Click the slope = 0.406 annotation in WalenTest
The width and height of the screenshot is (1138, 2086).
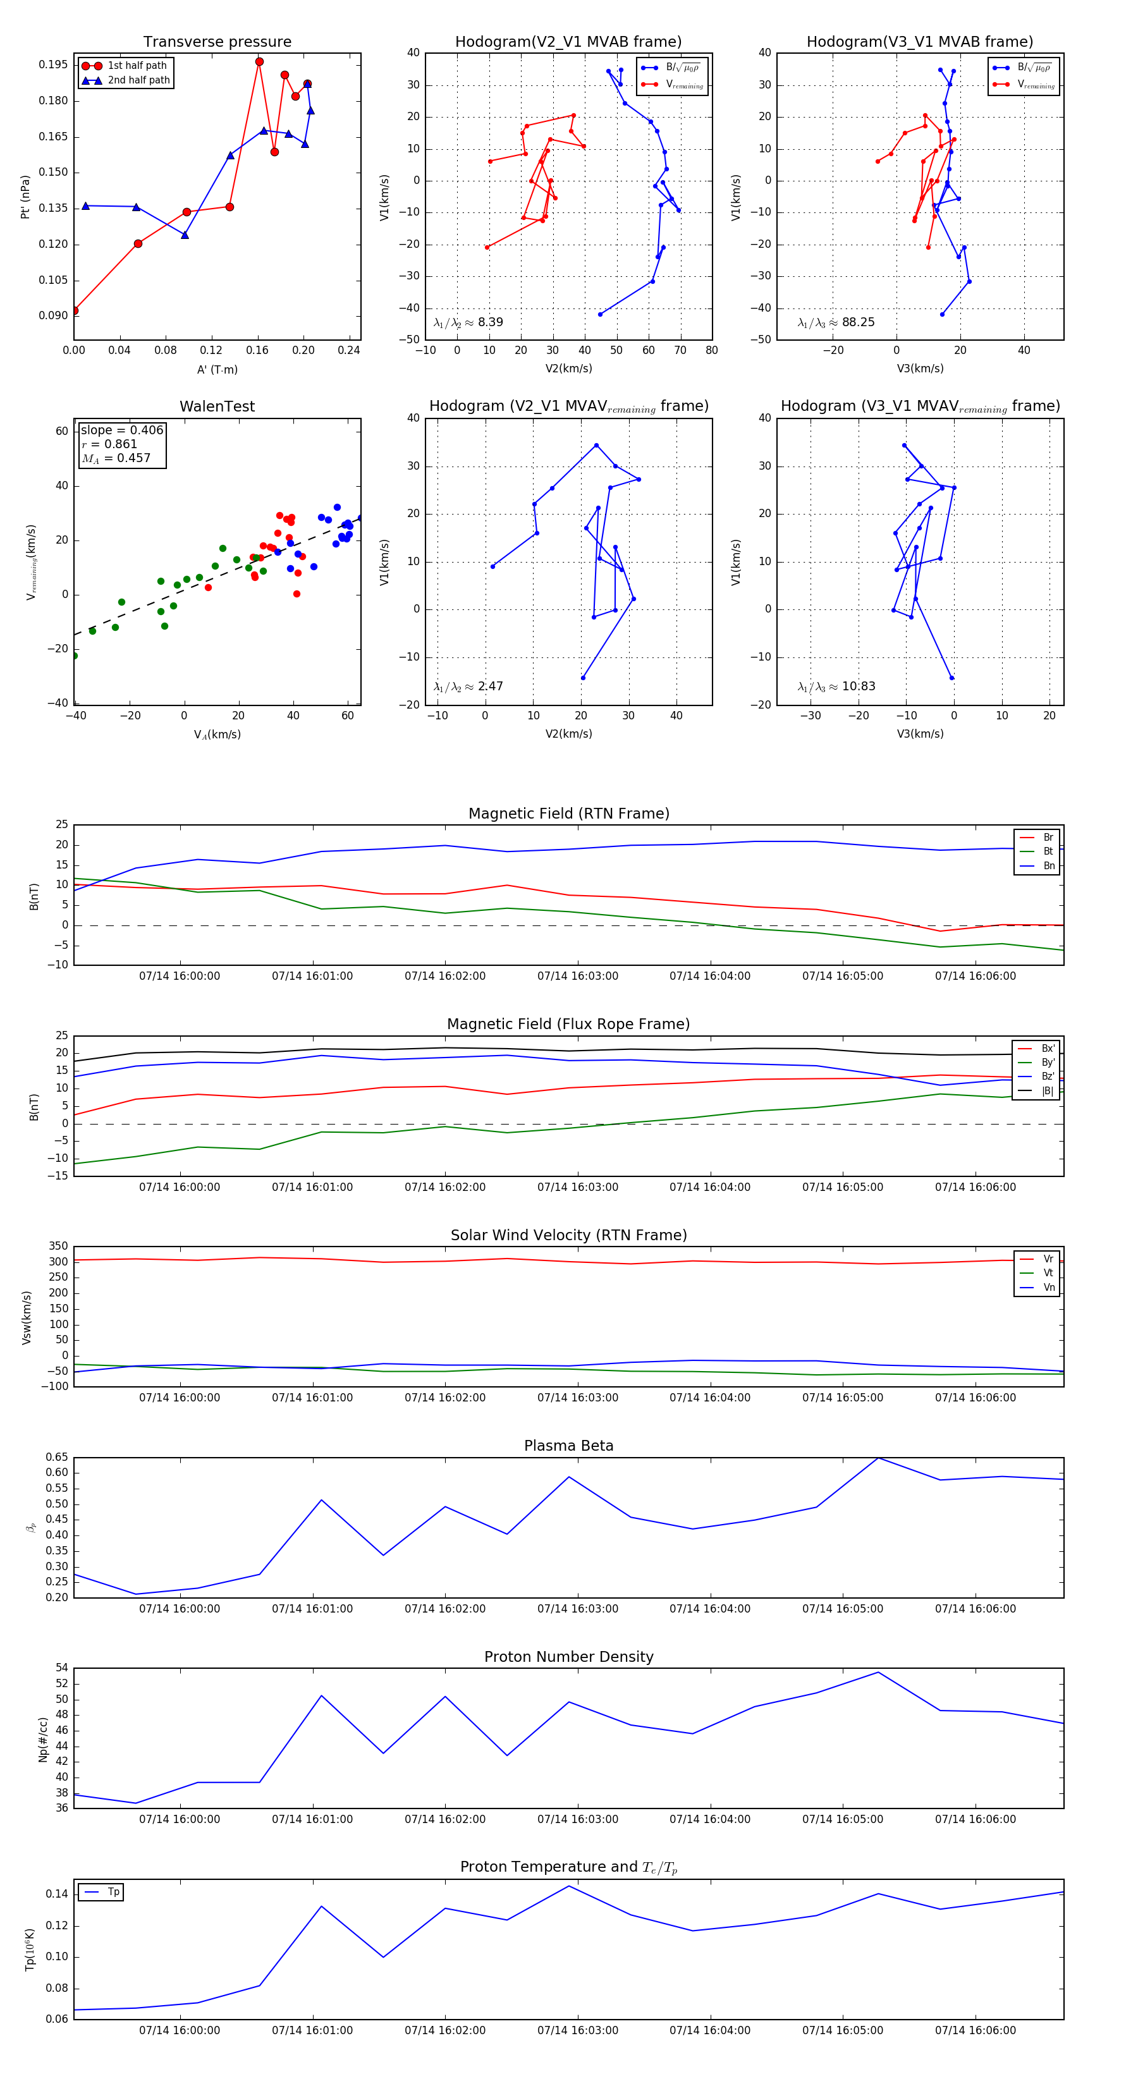pos(121,430)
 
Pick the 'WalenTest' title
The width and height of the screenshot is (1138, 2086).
pos(217,406)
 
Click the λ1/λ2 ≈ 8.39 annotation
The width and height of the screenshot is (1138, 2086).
pos(468,322)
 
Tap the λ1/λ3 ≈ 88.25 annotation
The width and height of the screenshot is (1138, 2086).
pos(836,322)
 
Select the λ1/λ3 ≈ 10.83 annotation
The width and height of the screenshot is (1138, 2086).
pos(836,686)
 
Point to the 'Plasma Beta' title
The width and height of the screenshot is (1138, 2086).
pos(568,1446)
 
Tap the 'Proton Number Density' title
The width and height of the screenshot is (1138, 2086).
pos(568,1657)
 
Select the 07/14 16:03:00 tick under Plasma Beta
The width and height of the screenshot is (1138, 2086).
pos(577,1609)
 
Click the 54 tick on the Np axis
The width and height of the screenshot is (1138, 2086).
pos(61,1668)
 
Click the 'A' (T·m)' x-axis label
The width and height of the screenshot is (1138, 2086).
pos(217,369)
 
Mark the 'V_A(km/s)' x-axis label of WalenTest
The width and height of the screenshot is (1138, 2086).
pos(217,735)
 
